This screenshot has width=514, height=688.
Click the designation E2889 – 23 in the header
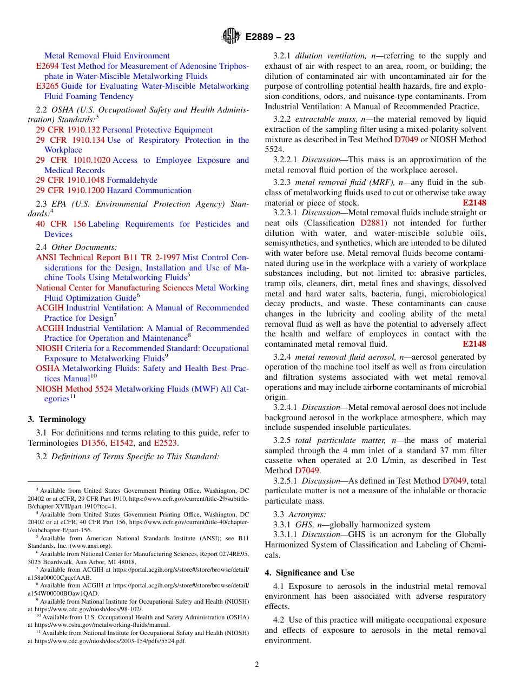pyautogui.click(x=270, y=37)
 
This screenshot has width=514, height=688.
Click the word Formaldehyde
pyautogui.click(x=132, y=180)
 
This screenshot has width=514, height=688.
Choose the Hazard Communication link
pyautogui.click(x=149, y=190)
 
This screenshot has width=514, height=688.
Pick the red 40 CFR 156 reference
pyautogui.click(x=61, y=224)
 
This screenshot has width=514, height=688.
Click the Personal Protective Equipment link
pyautogui.click(x=157, y=130)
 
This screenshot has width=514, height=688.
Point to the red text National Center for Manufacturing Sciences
pyautogui.click(x=114, y=288)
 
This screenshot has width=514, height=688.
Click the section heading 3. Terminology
pyautogui.click(x=57, y=419)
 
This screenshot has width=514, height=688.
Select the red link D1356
pyautogui.click(x=93, y=443)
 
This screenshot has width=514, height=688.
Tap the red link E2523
pyautogui.click(x=166, y=443)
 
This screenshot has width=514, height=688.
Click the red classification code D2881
pyautogui.click(x=373, y=223)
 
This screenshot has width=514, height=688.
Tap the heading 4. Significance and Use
pyautogui.click(x=309, y=573)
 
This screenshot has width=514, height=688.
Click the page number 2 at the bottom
pyautogui.click(x=257, y=665)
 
